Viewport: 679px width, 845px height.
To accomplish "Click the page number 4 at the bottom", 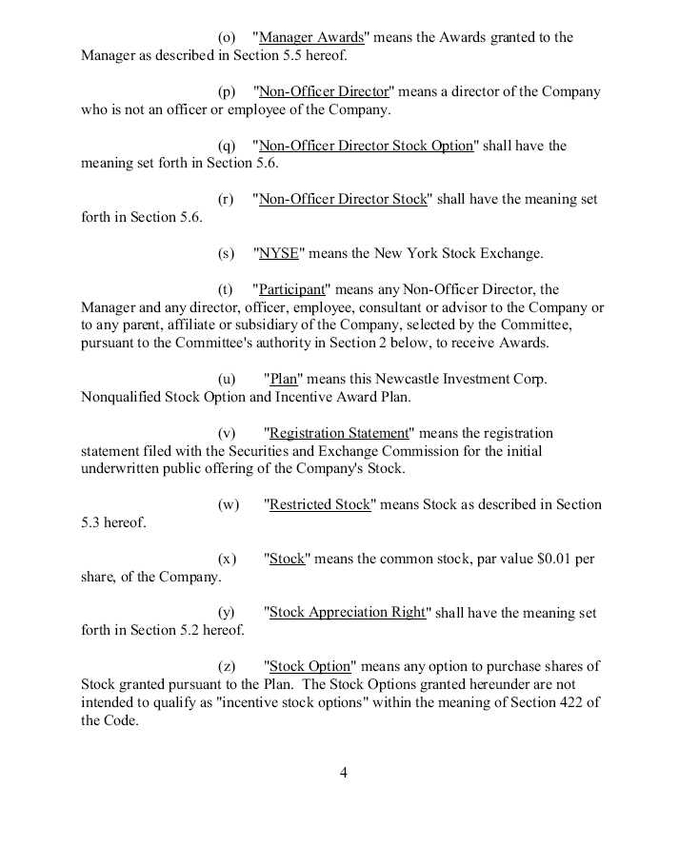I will [343, 773].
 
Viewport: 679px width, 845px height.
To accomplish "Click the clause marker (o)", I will [227, 38].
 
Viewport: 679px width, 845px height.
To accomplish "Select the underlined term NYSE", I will [279, 254].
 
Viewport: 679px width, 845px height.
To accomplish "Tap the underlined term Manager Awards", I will [311, 38].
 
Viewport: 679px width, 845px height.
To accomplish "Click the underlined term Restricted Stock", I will [320, 504].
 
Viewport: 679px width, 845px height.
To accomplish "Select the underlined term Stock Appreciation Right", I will [348, 613].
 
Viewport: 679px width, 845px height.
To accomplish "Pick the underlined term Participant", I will [292, 289].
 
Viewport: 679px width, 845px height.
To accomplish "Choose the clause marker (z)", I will [227, 666].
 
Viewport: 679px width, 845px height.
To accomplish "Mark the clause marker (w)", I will [229, 504].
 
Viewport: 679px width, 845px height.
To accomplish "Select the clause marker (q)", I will [227, 146].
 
